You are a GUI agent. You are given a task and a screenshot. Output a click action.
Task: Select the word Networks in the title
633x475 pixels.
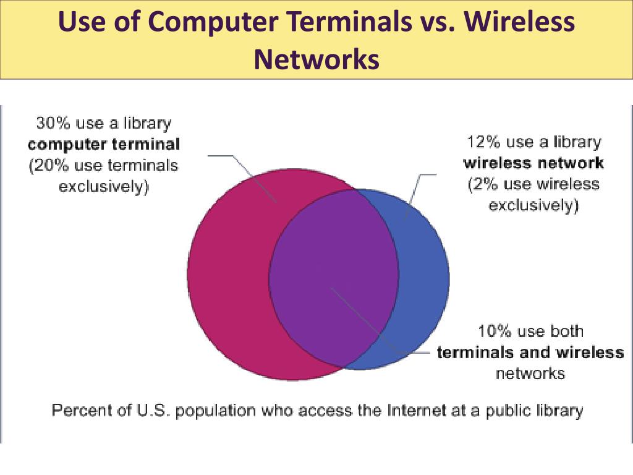click(x=316, y=59)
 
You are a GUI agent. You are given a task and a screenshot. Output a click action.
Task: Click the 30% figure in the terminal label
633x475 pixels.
click(x=50, y=123)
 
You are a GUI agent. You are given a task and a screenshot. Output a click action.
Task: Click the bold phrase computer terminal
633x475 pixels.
click(x=104, y=145)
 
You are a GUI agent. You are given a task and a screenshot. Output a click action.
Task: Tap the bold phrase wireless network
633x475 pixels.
click(x=533, y=163)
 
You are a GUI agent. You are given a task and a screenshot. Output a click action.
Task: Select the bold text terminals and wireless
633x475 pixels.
click(x=530, y=353)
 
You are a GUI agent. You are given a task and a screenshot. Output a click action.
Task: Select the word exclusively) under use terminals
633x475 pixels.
click(x=104, y=187)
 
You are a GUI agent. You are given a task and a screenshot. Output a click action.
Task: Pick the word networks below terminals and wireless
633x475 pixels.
click(x=530, y=373)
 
